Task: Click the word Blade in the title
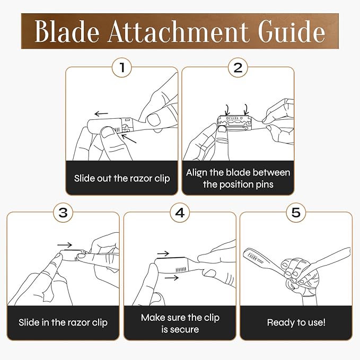[x=67, y=31]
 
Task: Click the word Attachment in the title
[x=178, y=31]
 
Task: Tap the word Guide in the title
[x=292, y=31]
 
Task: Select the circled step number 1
[x=122, y=67]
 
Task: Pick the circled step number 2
[x=238, y=67]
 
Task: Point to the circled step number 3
[x=63, y=213]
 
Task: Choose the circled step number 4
[x=180, y=213]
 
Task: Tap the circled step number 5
[x=296, y=213]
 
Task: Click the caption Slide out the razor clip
[x=122, y=178]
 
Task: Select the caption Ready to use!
[x=296, y=322]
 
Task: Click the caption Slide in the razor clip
[x=63, y=322]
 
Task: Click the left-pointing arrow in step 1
[x=101, y=113]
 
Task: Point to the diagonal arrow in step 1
[x=128, y=138]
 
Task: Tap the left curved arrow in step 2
[x=227, y=110]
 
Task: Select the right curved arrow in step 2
[x=247, y=110]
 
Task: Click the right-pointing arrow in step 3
[x=65, y=245]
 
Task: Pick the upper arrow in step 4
[x=163, y=254]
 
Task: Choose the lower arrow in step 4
[x=171, y=278]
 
